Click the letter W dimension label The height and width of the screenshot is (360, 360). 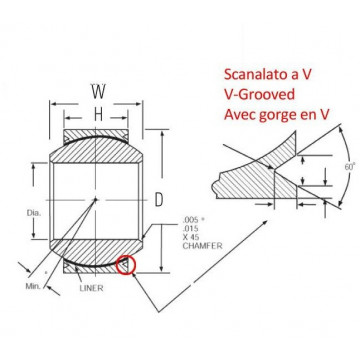tap(98, 92)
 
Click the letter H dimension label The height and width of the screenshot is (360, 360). tap(98, 115)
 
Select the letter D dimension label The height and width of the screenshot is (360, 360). tap(159, 200)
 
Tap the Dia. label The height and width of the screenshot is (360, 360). tap(34, 213)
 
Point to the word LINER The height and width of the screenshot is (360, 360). tap(91, 288)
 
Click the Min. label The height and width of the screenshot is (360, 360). tap(33, 286)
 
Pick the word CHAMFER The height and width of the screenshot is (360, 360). tap(202, 246)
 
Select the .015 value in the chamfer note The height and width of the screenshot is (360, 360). tap(190, 229)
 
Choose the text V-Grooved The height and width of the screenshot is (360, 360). tap(260, 95)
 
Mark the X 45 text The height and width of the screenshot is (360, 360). tap(191, 237)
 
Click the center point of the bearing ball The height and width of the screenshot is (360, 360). tap(96, 199)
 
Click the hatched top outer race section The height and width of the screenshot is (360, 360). tap(96, 136)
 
